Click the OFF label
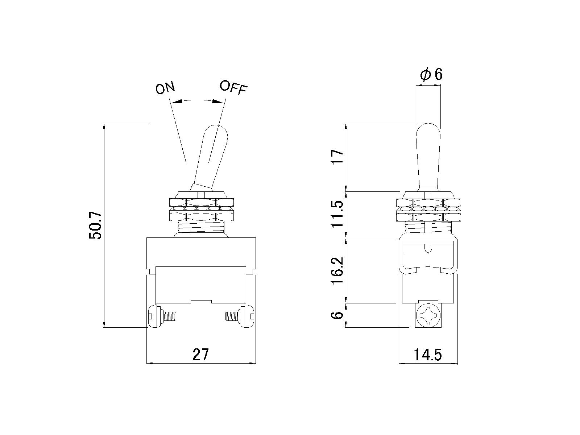tap(233, 87)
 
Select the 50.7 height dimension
tap(95, 225)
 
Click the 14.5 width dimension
tap(427, 355)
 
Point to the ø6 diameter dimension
tap(431, 75)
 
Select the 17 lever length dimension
tap(338, 157)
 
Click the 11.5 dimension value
tap(338, 214)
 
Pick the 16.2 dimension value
tap(338, 270)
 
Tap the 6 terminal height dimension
tap(338, 315)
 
